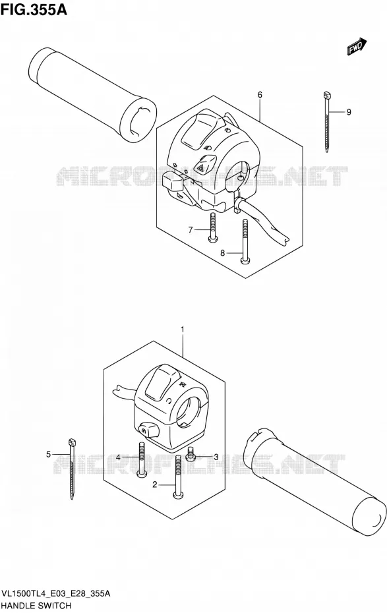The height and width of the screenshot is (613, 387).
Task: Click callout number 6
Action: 260,95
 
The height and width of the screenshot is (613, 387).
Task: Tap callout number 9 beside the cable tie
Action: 349,112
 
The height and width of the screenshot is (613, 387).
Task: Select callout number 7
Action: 191,230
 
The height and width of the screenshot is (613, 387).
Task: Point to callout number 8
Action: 222,253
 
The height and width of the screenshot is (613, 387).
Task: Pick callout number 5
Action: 49,454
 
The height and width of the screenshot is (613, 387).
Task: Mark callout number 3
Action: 215,457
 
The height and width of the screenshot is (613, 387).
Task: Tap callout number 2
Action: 155,484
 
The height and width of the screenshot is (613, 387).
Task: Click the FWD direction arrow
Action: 357,46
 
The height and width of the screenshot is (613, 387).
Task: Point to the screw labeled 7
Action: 212,228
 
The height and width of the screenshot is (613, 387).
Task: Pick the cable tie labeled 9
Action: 326,121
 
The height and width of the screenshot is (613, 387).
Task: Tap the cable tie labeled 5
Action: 72,469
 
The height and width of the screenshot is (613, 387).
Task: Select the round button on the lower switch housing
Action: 148,430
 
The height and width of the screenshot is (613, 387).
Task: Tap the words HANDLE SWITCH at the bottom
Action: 37,606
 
